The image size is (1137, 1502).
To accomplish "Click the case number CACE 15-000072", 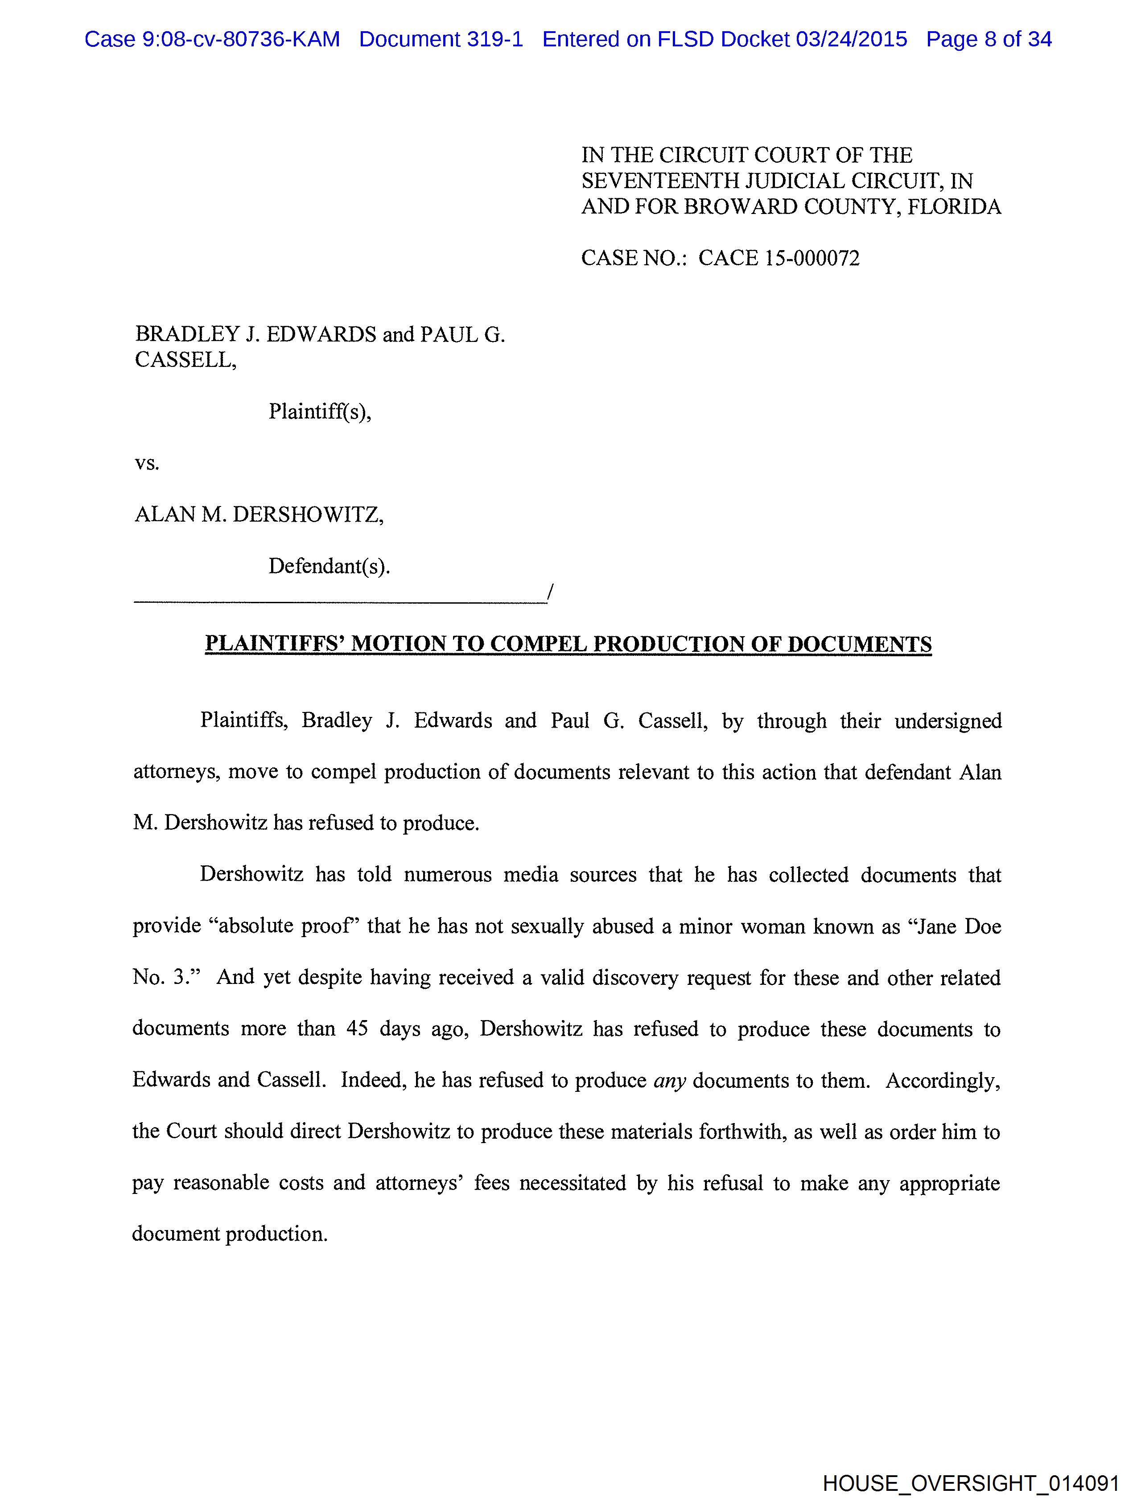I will click(779, 258).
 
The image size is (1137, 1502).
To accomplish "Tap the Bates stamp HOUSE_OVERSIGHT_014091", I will click(971, 1483).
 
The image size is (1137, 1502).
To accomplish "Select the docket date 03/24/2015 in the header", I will click(851, 39).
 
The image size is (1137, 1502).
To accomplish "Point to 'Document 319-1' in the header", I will click(441, 39).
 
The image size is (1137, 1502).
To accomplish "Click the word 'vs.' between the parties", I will click(147, 463).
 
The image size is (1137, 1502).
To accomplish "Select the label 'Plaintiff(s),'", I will click(320, 412).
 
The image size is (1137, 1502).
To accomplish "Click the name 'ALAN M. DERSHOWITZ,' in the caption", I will click(259, 514).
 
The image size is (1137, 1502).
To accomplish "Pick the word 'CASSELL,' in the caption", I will click(185, 360).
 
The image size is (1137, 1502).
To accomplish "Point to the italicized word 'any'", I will click(669, 1080).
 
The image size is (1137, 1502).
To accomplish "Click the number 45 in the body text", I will click(357, 1029).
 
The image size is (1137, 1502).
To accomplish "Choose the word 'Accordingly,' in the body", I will click(943, 1080).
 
